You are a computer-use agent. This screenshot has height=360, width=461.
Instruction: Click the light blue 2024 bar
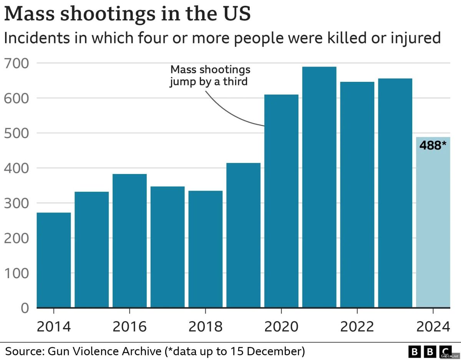click(x=433, y=231)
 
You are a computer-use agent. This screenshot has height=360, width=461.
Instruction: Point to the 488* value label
click(x=433, y=146)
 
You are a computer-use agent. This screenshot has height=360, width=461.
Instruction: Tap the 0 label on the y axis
click(x=24, y=308)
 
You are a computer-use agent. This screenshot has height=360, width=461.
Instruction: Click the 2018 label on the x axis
click(x=206, y=327)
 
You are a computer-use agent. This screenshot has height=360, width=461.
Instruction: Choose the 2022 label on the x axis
click(x=357, y=327)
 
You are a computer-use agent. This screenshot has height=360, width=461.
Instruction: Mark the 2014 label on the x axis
click(x=54, y=327)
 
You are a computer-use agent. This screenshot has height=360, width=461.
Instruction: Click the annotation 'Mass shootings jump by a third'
click(x=210, y=76)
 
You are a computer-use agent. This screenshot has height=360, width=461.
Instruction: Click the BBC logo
click(x=430, y=351)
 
